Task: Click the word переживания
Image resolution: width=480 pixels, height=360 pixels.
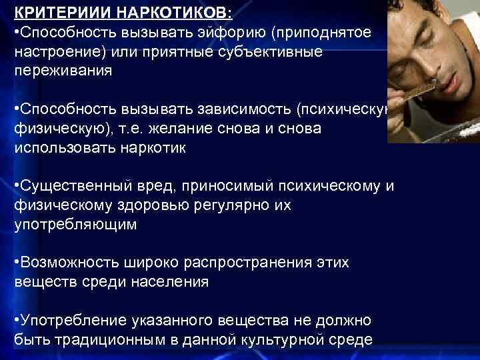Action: pyautogui.click(x=58, y=71)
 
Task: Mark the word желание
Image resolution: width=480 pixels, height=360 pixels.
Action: pyautogui.click(x=185, y=129)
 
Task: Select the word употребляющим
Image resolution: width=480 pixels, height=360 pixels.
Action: pyautogui.click(x=75, y=225)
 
